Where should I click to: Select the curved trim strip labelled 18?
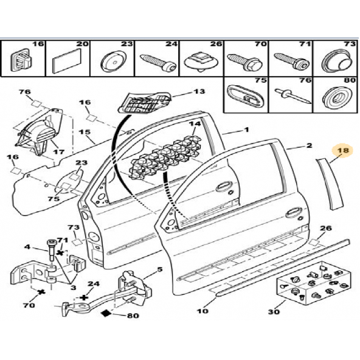pos(331,183)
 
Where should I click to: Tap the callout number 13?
pos(199,91)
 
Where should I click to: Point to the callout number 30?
pos(274,312)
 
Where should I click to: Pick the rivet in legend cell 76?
pos(294,96)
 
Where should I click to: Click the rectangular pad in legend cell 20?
pos(67,61)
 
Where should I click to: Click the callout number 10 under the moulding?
pos(202,311)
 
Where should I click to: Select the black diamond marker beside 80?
pos(106,313)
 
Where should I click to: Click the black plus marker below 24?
pos(84,297)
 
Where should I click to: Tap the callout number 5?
pos(159,269)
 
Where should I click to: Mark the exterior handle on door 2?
pos(294,213)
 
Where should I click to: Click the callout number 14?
pos(195,124)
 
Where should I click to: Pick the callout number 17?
pos(59,151)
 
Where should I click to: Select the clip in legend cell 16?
pos(21,60)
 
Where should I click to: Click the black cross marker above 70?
pos(41,292)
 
